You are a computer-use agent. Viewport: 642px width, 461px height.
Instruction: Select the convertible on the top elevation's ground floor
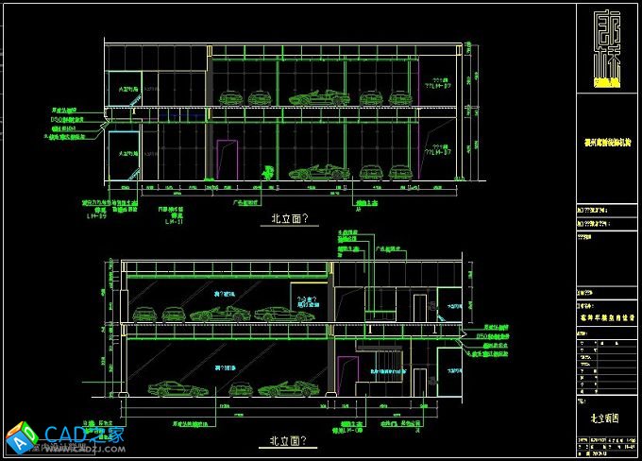310,173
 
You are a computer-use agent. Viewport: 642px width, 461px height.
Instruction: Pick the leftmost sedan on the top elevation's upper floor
229,97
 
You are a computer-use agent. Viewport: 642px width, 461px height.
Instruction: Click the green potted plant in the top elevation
269,172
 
